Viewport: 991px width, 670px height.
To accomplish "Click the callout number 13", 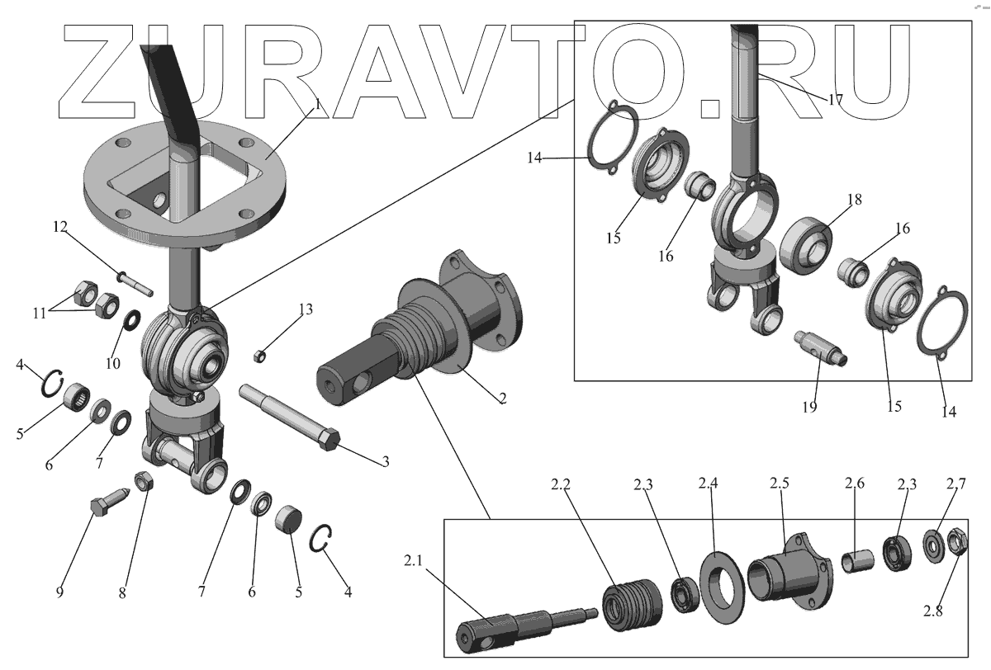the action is tap(306, 309).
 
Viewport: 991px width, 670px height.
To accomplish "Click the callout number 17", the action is tap(835, 99).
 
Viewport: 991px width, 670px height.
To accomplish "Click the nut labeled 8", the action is tap(141, 481).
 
